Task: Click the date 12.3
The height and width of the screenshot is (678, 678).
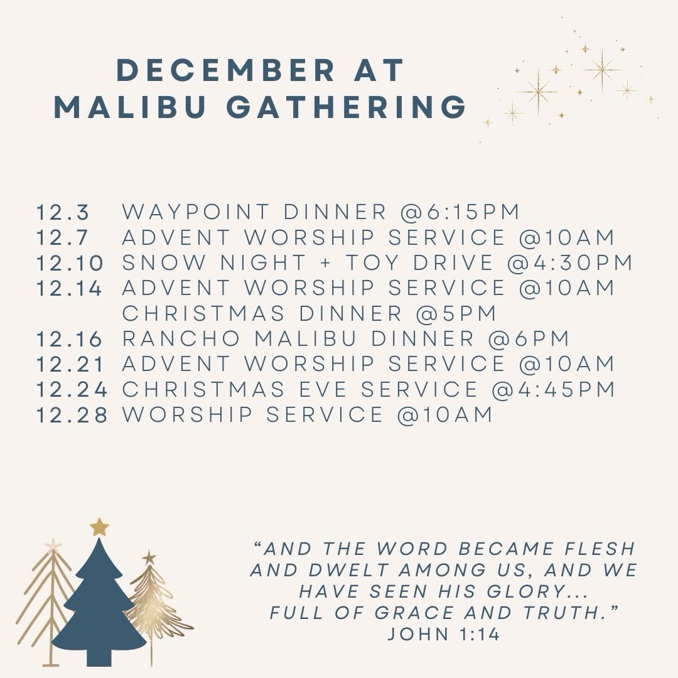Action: pos(63,212)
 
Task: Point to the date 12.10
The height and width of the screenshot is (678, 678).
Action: pos(70,263)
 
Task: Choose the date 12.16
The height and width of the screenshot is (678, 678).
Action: pos(70,339)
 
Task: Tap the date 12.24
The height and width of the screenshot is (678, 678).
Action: pos(72,390)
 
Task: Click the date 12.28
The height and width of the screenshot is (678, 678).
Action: pos(72,415)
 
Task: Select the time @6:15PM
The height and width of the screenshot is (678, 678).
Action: pos(461,212)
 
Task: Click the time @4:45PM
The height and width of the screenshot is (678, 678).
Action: pos(553,390)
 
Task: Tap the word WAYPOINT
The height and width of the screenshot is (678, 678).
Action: pos(196,212)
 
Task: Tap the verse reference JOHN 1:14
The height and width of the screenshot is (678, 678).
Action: pos(443,634)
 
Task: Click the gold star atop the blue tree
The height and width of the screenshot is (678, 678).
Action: pos(99,527)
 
